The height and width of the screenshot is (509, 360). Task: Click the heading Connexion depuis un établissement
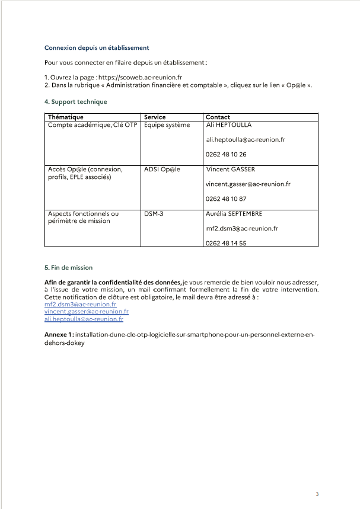coord(96,47)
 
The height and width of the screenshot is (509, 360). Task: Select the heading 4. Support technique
coord(75,101)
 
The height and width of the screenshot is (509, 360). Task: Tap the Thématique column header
coord(65,117)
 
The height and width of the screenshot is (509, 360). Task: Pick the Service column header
coord(155,117)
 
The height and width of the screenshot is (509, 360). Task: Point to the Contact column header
coord(218,117)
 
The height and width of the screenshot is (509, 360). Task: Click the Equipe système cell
coord(167,125)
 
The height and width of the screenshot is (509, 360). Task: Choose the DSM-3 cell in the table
coord(154,213)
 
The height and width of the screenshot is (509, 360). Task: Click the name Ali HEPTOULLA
coord(228,125)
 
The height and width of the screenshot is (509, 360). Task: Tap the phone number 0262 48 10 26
coord(226,155)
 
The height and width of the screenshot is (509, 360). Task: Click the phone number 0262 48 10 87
coord(226,199)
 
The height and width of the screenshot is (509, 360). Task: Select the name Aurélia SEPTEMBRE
coord(234,213)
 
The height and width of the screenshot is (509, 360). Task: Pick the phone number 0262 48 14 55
coord(226,243)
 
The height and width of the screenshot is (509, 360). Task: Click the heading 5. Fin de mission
coord(68,267)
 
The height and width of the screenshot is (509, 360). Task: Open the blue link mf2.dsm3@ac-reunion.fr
coord(80,304)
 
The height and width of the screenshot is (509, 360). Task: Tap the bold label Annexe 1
coord(58,335)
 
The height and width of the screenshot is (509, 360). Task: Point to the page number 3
coord(317,494)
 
